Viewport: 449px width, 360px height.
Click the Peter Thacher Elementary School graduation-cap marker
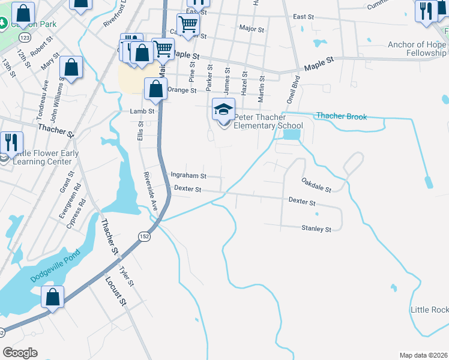click(223, 111)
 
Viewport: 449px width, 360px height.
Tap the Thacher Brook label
click(341, 116)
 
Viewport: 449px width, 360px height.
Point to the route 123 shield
click(25, 37)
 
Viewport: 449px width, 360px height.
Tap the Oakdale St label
click(316, 184)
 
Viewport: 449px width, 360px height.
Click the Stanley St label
click(316, 229)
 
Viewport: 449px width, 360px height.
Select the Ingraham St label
click(188, 176)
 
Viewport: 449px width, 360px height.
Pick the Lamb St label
click(142, 111)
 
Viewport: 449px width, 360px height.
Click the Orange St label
click(182, 90)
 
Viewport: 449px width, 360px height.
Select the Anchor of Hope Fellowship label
click(417, 49)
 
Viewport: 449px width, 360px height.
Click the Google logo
click(20, 353)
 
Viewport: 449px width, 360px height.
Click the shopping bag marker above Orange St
click(155, 89)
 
